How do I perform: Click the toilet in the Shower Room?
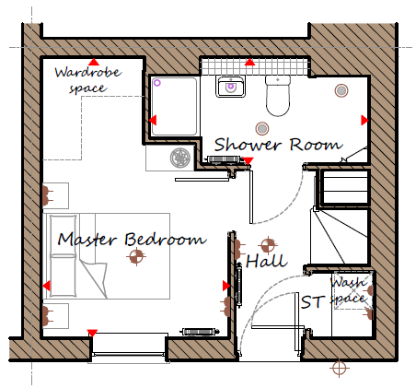coord(278,96)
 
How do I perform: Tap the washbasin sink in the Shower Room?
coord(230,87)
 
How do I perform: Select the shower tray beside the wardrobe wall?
coord(174,106)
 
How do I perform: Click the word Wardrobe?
coord(88,73)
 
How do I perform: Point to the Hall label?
coord(266,261)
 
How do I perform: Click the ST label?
coord(313,302)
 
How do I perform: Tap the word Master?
coord(87,239)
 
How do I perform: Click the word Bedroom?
coord(166,239)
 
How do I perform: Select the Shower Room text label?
coord(278,145)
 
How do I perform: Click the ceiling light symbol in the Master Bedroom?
coord(136,256)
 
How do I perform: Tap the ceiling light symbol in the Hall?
coord(268,245)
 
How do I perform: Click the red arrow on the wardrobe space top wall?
coord(94,62)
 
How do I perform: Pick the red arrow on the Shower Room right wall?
coord(364,120)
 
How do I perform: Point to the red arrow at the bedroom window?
coord(92,333)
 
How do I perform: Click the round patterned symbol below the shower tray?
coord(180,158)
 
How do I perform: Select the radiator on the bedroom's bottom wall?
coord(201,332)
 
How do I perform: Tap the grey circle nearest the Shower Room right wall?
coord(341,90)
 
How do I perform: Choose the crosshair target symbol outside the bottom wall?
coord(339,368)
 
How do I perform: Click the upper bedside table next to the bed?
coord(55,195)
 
